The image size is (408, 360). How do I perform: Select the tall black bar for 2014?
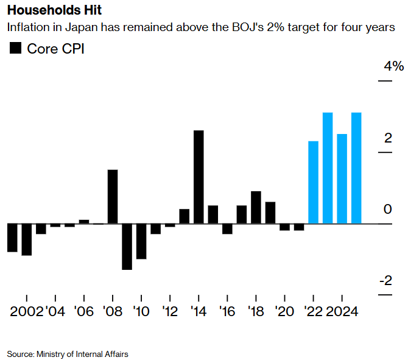click(199, 177)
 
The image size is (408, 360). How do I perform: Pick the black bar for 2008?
click(113, 196)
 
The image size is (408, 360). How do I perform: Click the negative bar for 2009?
click(127, 246)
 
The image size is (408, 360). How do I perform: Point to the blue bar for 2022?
click(314, 182)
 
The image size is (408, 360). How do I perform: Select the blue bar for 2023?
click(328, 168)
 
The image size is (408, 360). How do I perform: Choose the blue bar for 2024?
click(342, 178)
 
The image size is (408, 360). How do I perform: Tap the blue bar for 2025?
click(356, 168)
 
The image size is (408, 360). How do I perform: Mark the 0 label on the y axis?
click(388, 210)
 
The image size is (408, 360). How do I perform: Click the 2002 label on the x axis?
click(26, 312)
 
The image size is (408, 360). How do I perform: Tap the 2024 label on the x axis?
click(342, 312)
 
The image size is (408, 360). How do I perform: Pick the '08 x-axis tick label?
click(113, 312)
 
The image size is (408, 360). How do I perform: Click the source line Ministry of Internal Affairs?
click(68, 353)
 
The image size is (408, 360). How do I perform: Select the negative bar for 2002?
click(26, 239)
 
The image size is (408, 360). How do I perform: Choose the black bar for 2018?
click(256, 207)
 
